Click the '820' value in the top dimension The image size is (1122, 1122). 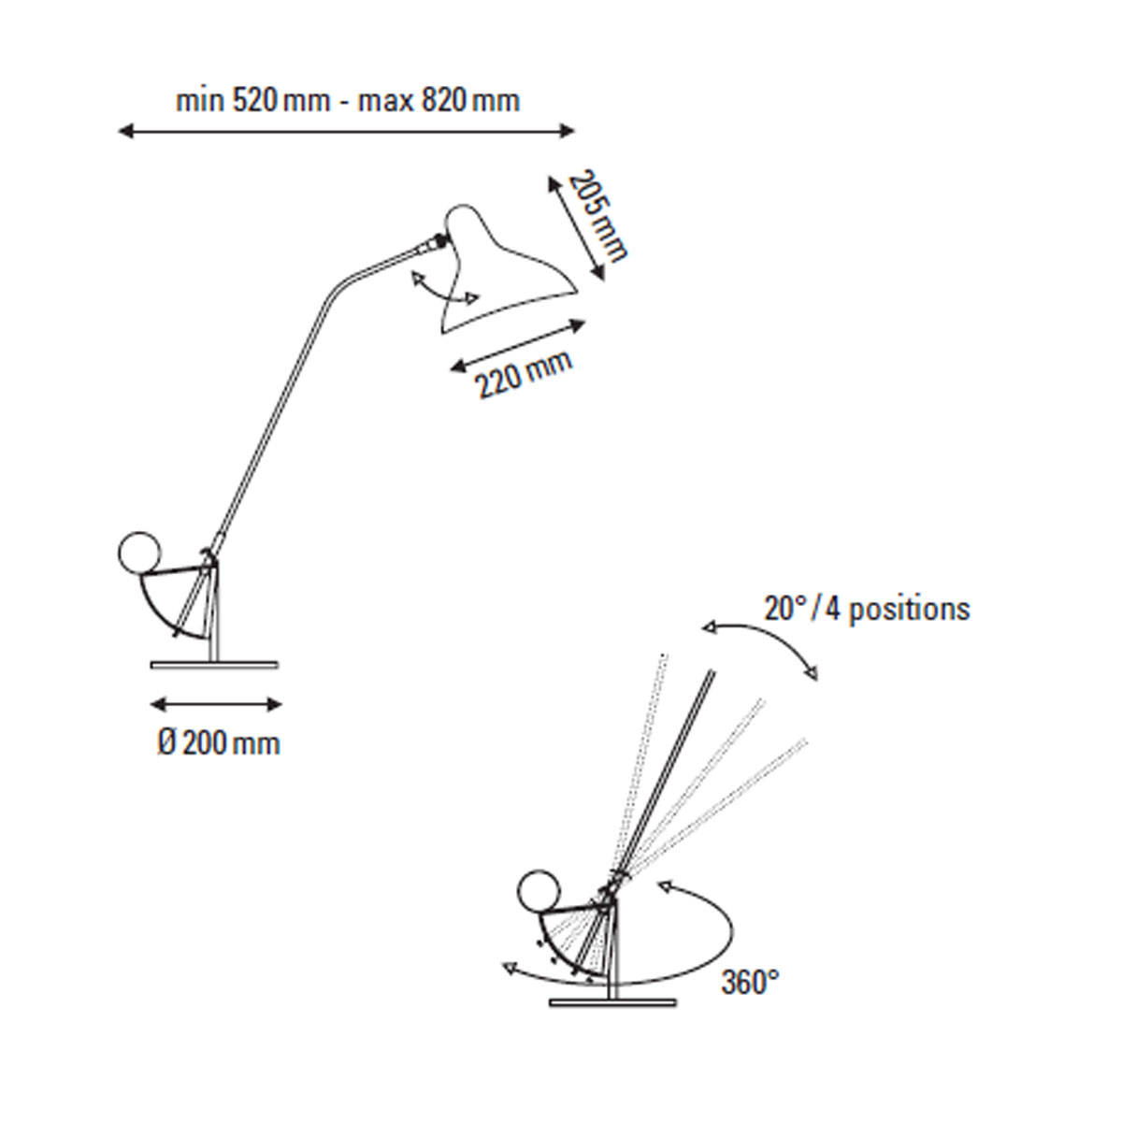pos(444,101)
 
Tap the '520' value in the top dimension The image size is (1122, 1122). pos(255,101)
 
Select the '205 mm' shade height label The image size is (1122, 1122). pos(597,215)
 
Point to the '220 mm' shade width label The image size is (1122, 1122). pos(524,374)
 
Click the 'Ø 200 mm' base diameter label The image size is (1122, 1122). pos(219,743)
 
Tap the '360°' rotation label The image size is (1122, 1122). pos(750,982)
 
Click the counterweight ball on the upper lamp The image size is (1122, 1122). pos(139,554)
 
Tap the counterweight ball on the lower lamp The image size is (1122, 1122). pos(539,909)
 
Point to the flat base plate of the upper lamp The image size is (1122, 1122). pos(215,665)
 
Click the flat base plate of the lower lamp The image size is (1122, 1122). pos(613,1019)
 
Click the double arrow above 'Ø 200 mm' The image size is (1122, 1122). pos(216,705)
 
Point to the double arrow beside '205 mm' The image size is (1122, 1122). pos(576,228)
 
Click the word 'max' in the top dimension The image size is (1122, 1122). pos(386,102)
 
